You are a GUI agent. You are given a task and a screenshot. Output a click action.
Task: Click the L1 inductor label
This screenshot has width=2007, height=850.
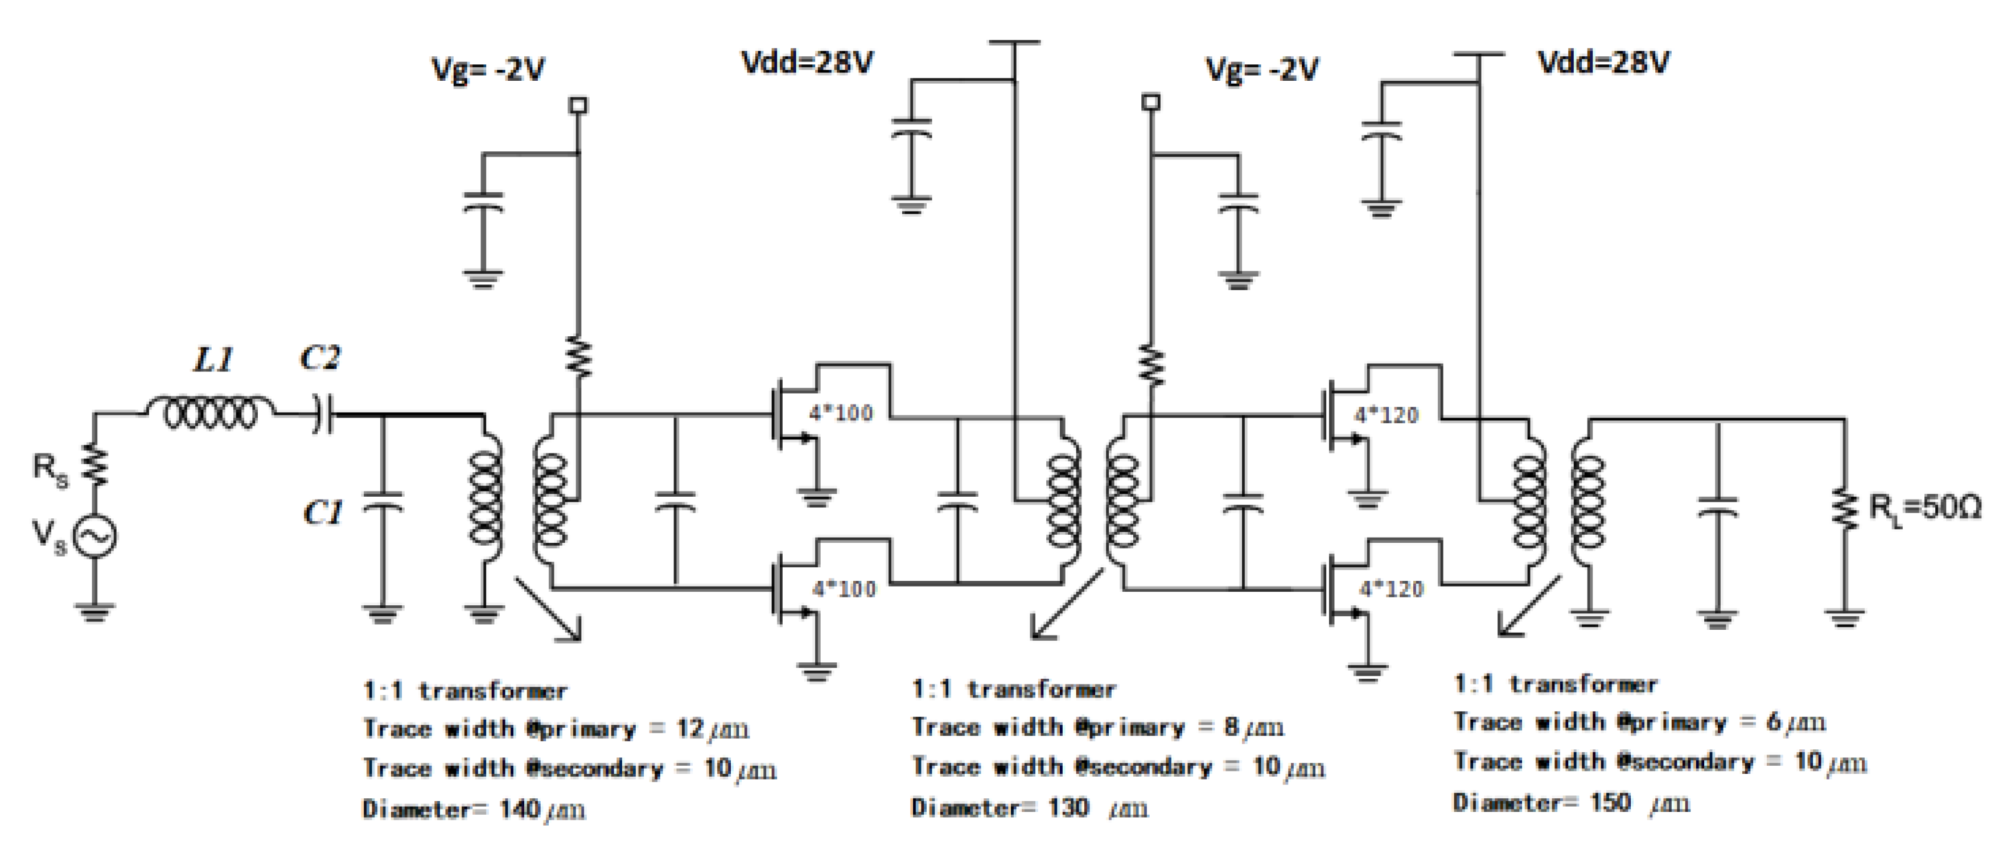click(213, 361)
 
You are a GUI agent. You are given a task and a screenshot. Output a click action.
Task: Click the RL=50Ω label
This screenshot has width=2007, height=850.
click(1925, 508)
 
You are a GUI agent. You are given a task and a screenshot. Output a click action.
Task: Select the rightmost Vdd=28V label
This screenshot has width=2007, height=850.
click(1603, 63)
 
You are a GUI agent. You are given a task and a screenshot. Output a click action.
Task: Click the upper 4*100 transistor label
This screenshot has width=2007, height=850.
click(841, 413)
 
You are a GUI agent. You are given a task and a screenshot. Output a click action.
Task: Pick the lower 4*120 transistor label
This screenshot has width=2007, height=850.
click(1391, 589)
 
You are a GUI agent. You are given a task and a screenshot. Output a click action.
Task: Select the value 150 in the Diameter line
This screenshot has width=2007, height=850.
click(1610, 802)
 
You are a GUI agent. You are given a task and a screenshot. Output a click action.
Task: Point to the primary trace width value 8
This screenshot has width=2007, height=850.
click(1231, 727)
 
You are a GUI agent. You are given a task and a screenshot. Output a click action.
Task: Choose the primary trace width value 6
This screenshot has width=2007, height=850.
click(1773, 722)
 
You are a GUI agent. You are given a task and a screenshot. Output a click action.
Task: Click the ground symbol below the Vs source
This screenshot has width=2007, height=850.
click(95, 612)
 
